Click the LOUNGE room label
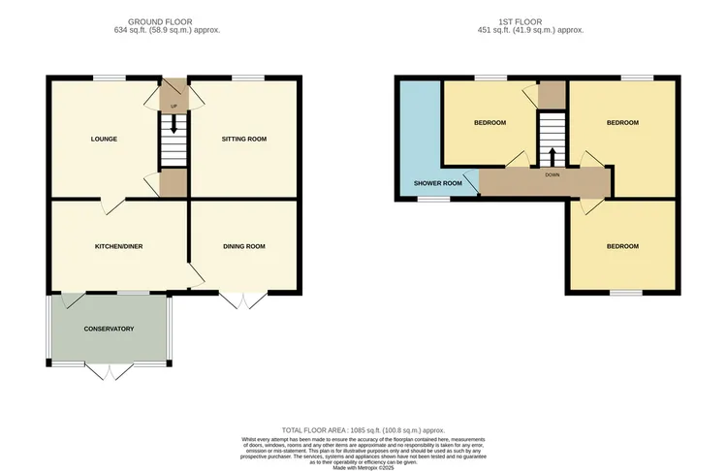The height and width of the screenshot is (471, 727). [104, 139]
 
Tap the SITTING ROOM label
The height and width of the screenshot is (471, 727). [243, 139]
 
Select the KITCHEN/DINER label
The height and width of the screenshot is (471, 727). [118, 246]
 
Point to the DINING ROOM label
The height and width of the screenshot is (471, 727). [243, 246]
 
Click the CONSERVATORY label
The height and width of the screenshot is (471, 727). [109, 330]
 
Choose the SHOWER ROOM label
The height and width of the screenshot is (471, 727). [437, 183]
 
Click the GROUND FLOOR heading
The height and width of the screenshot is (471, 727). [160, 20]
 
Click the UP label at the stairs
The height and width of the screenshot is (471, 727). [174, 106]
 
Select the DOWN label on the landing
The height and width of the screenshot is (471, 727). [553, 175]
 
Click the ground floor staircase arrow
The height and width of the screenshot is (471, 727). [174, 124]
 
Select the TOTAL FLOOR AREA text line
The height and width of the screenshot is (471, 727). [363, 429]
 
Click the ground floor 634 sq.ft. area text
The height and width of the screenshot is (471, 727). [160, 30]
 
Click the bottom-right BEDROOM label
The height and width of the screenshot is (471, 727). [622, 246]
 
